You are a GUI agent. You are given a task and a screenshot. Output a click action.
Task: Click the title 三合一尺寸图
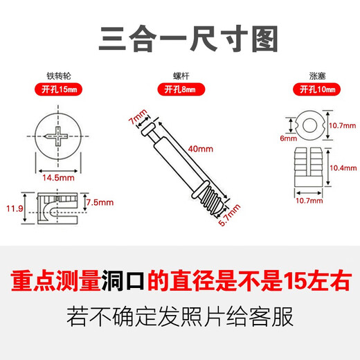coord(180,36)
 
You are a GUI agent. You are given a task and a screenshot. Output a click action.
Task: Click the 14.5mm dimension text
coord(55,177)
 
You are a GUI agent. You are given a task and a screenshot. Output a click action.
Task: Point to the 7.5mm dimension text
coord(101,202)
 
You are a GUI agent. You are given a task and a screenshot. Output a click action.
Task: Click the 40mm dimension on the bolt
coord(201,149)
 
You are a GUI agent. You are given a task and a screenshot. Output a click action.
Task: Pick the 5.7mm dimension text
coord(234,218)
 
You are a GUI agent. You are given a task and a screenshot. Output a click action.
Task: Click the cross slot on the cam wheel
coord(55,136)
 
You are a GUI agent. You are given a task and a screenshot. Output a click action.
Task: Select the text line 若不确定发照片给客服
coord(180,318)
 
